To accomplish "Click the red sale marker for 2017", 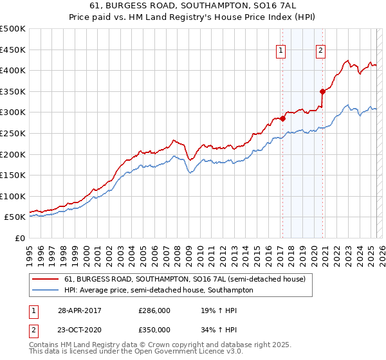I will (x=282, y=118).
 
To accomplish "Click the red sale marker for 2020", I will (x=322, y=91).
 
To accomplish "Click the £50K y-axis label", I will (x=15, y=217).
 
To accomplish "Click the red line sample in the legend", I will (x=46, y=279).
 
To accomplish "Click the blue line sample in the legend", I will (x=46, y=290).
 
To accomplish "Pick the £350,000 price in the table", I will (x=154, y=329).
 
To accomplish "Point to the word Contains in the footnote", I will (x=46, y=346).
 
